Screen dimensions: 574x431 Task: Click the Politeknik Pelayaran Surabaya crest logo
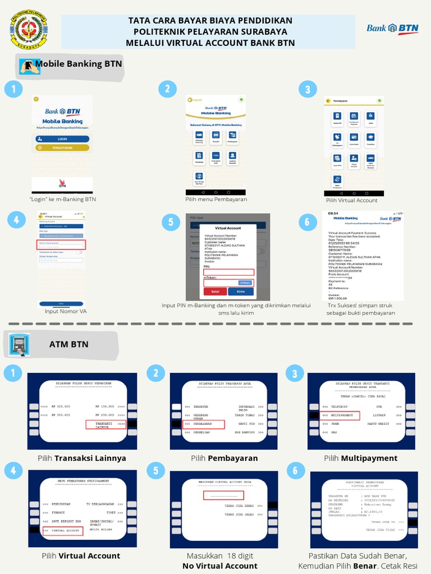pyautogui.click(x=29, y=29)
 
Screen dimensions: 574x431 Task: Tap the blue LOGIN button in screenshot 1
pyautogui.click(x=62, y=138)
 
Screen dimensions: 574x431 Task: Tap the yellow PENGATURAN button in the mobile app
pyautogui.click(x=62, y=148)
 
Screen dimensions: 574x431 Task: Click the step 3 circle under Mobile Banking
pyautogui.click(x=307, y=89)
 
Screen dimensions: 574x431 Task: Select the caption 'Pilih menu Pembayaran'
pyautogui.click(x=216, y=199)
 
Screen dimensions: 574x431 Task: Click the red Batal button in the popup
pyautogui.click(x=214, y=291)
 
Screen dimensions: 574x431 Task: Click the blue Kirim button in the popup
pyautogui.click(x=241, y=291)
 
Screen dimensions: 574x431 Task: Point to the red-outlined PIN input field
pyautogui.click(x=228, y=272)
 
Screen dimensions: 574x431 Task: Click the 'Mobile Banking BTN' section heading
pyautogui.click(x=79, y=64)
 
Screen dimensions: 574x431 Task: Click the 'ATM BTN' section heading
pyautogui.click(x=71, y=344)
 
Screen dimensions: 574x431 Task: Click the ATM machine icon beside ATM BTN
pyautogui.click(x=19, y=344)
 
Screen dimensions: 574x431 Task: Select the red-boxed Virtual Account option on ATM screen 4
pyautogui.click(x=63, y=530)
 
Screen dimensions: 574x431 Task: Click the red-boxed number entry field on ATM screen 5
pyautogui.click(x=223, y=496)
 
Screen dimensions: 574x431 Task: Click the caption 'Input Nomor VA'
pyautogui.click(x=66, y=311)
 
